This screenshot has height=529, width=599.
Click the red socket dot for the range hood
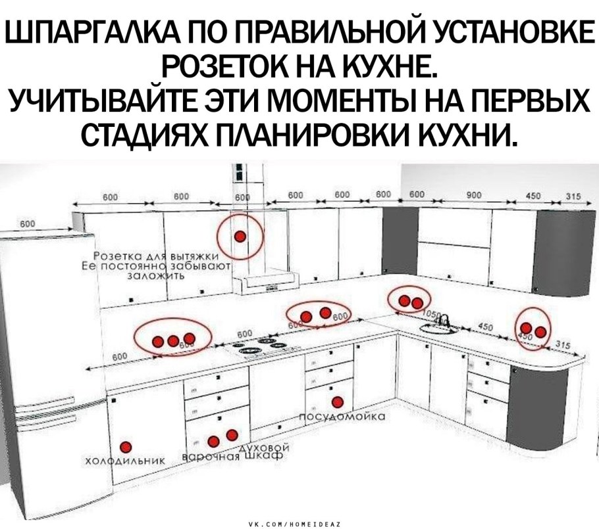click(x=241, y=235)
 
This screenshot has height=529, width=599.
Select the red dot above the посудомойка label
click(x=338, y=402)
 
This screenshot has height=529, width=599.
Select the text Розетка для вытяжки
click(x=161, y=256)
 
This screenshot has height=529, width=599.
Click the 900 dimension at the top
click(x=475, y=195)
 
